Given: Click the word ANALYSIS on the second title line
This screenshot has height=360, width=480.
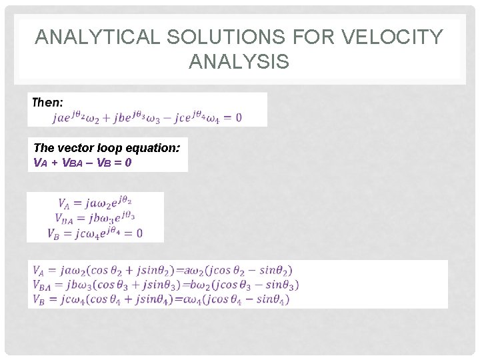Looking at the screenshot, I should click(239, 62).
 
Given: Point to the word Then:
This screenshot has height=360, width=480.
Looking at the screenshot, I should click(48, 102).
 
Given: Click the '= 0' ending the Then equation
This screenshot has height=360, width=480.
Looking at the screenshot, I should click(233, 118).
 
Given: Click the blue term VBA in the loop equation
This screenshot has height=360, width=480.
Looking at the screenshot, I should click(69, 162).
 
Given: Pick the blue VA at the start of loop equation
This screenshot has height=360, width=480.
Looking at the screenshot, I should click(39, 162).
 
